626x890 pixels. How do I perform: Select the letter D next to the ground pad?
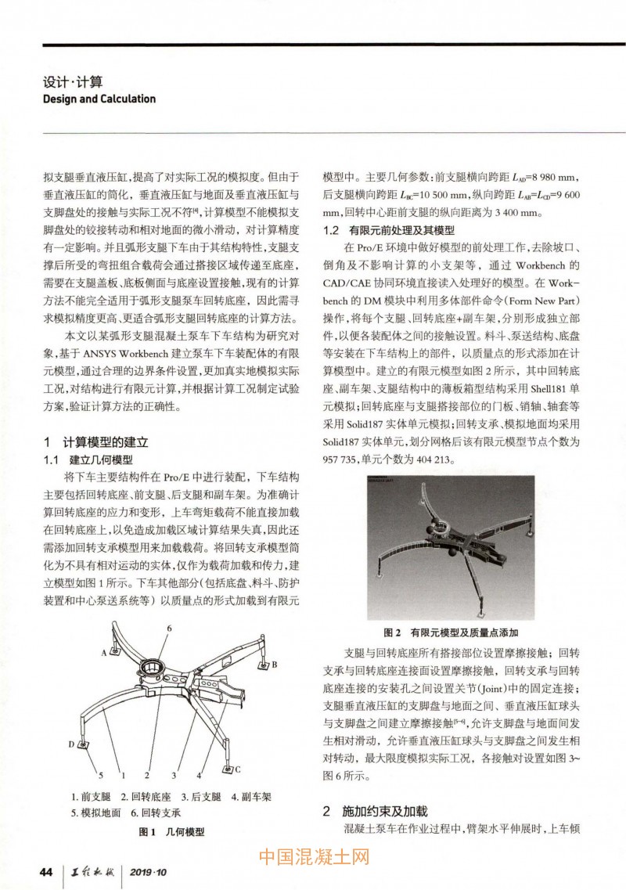click(x=70, y=744)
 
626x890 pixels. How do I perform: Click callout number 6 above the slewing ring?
click(x=168, y=629)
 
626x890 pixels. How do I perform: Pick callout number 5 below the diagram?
click(x=90, y=776)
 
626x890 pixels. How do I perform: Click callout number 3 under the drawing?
click(x=173, y=776)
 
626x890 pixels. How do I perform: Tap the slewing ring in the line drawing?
click(x=149, y=670)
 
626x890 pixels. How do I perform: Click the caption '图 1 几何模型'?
click(x=171, y=832)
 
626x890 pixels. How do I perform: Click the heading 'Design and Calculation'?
click(x=99, y=99)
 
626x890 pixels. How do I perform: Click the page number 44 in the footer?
click(x=46, y=872)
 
